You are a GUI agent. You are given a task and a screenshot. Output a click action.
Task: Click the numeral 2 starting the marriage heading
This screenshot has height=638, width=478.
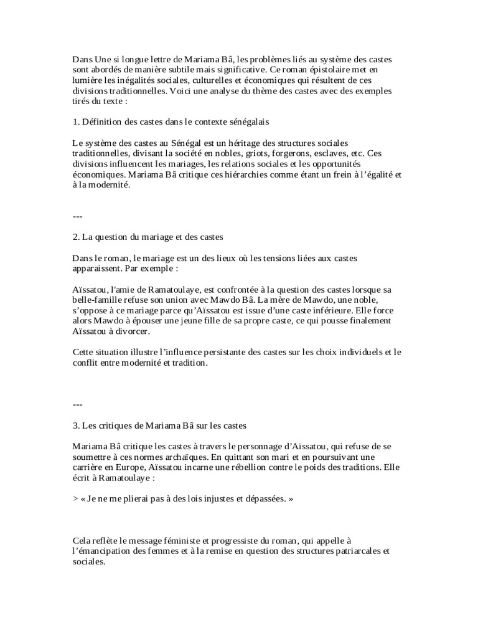[x=75, y=237]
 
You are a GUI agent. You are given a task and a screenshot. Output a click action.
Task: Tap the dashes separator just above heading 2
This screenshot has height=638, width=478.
[x=78, y=217]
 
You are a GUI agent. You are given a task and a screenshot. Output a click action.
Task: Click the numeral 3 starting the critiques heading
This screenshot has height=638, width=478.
[x=75, y=426]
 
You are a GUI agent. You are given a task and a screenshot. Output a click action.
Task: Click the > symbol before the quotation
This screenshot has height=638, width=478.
[x=75, y=500]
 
